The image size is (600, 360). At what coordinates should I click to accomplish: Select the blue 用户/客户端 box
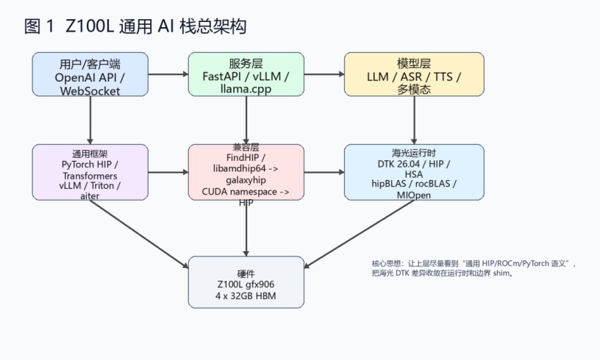tap(90, 74)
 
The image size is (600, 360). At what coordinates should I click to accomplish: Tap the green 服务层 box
tap(246, 74)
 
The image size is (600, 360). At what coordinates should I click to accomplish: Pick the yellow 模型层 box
tap(414, 74)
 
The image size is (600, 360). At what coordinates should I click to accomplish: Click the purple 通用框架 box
tap(90, 172)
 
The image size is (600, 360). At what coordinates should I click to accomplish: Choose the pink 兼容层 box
tap(246, 172)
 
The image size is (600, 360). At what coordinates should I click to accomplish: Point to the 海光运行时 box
tap(414, 172)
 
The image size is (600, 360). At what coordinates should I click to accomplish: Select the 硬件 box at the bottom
tap(246, 282)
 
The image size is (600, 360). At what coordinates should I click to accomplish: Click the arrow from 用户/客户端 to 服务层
tap(168, 74)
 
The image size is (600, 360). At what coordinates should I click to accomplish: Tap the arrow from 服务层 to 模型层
tap(324, 74)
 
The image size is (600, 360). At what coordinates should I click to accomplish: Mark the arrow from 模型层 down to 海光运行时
tap(414, 120)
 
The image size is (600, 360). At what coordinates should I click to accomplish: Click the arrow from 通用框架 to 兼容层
tap(168, 172)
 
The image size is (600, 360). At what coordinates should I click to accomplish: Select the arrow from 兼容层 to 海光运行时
tap(324, 172)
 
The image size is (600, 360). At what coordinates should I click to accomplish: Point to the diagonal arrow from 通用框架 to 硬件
tap(139, 234)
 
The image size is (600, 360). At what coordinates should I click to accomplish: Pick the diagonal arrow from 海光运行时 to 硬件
tap(359, 234)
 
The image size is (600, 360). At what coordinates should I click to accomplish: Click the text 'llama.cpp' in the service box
tap(246, 89)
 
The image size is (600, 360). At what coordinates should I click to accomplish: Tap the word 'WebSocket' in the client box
tap(90, 91)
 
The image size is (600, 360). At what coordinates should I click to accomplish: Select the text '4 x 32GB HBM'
tap(246, 296)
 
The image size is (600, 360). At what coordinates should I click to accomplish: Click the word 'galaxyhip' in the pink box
tap(246, 180)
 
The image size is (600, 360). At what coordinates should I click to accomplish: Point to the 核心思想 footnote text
tap(474, 268)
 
